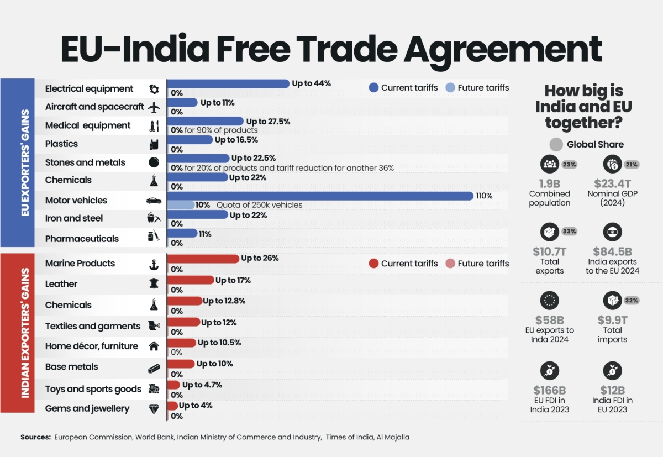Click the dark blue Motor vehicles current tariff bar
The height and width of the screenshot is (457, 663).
(320, 196)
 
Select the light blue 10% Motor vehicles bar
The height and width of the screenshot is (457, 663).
(181, 205)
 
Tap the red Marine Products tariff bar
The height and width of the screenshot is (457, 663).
(203, 259)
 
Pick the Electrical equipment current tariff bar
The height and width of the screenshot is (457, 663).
(228, 83)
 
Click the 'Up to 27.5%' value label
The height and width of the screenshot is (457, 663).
(268, 121)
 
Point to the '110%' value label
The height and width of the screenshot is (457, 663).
(483, 196)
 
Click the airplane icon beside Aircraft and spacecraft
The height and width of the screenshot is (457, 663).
(154, 107)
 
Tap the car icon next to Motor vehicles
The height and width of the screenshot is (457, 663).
(154, 201)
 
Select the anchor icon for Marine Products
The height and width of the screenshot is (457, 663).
(154, 264)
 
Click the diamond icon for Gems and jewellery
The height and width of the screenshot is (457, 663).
(154, 409)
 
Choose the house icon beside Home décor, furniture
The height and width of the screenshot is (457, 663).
(154, 346)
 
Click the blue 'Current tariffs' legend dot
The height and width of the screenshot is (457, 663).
(373, 87)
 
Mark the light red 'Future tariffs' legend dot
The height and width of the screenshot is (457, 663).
(450, 263)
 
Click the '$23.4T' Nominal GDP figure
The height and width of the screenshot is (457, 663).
(612, 183)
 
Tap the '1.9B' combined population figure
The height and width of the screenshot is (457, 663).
(549, 183)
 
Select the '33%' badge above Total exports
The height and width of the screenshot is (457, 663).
(570, 232)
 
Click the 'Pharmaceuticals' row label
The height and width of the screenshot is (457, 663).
(82, 239)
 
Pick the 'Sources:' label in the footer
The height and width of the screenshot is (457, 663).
(36, 437)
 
